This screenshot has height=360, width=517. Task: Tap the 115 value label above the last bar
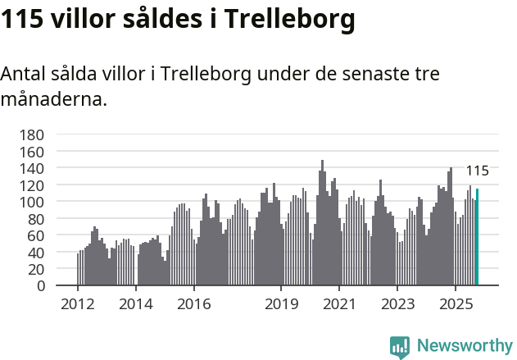478,171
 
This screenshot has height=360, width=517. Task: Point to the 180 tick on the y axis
31,134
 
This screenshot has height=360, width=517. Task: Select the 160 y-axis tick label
31,151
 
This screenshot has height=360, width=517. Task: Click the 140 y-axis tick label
31,168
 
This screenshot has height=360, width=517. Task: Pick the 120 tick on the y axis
31,185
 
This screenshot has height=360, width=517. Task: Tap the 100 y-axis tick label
31,202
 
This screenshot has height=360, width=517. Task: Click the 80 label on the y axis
35,219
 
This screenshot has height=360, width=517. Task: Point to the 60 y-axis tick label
35,235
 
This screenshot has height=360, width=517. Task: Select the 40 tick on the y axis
35,253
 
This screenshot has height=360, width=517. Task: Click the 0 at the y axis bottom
39,286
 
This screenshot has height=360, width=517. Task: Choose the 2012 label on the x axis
78,304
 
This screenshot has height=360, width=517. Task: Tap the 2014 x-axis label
136,304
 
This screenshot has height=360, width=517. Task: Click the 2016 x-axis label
194,304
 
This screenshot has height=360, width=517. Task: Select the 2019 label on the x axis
281,304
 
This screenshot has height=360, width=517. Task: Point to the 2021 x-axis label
339,304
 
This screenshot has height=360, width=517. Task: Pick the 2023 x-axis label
397,304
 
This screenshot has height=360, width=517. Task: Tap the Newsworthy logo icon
400,346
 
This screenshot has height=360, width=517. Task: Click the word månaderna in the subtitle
53,100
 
